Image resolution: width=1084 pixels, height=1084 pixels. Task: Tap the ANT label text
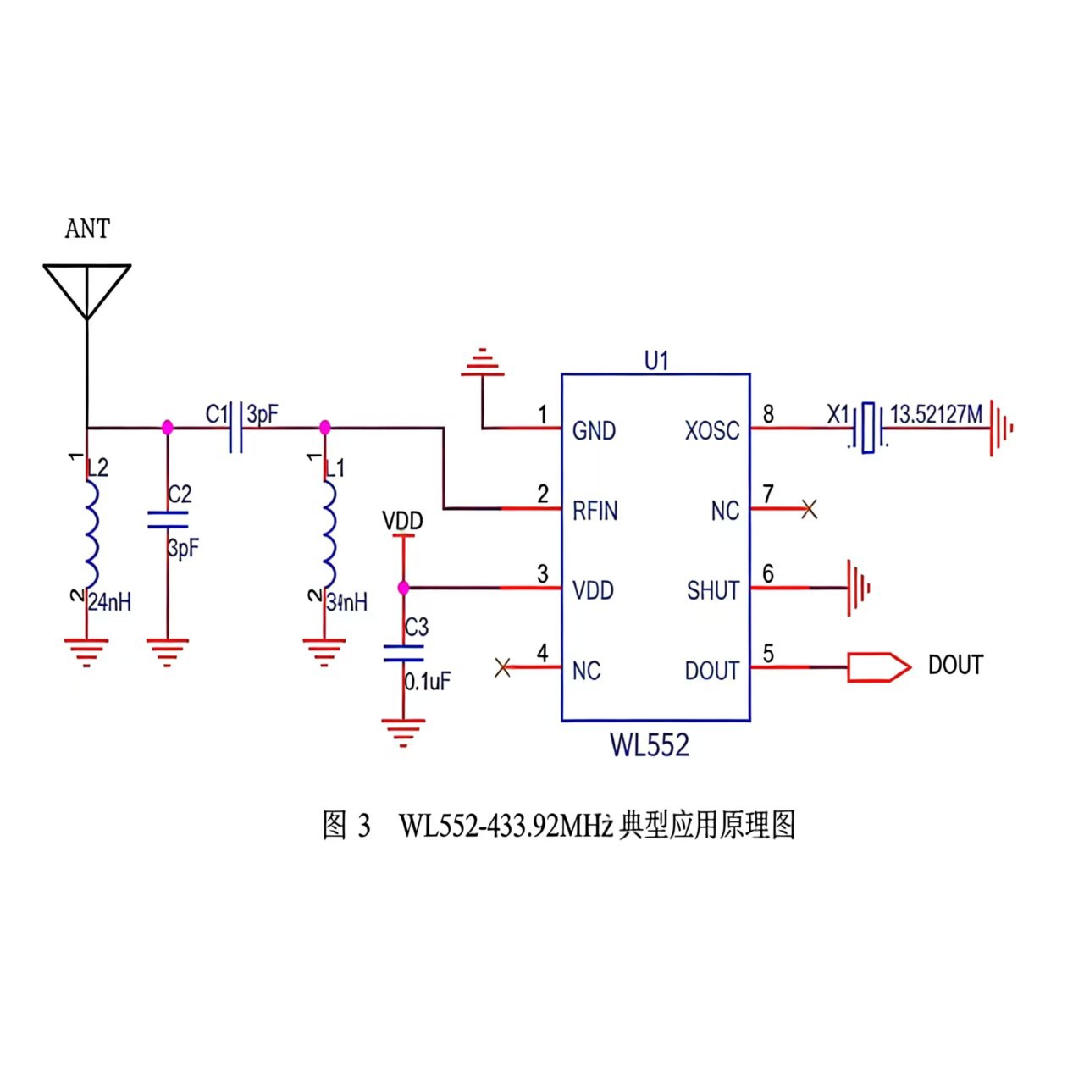click(87, 229)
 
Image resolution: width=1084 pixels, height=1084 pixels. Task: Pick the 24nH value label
click(110, 602)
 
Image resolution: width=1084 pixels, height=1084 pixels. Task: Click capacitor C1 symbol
click(236, 429)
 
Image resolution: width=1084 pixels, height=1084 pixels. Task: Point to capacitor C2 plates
click(168, 519)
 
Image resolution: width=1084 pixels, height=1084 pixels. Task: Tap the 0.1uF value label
click(428, 681)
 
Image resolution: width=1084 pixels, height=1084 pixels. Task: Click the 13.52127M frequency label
click(936, 414)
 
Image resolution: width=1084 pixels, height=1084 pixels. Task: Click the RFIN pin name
click(595, 511)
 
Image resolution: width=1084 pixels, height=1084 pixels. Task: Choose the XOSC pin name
click(711, 431)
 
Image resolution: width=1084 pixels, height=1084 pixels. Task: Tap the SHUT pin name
click(713, 590)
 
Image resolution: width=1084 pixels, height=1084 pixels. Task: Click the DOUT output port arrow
click(879, 667)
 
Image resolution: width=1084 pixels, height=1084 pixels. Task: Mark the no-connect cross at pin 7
click(810, 510)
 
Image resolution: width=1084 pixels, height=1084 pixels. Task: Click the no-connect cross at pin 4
click(502, 668)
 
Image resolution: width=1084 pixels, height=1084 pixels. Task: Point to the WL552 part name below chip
click(650, 745)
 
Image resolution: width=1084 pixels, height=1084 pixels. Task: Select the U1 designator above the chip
click(656, 361)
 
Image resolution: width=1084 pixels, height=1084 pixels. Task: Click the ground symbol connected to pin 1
click(483, 364)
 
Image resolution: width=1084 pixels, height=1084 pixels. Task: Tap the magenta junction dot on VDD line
click(403, 588)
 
